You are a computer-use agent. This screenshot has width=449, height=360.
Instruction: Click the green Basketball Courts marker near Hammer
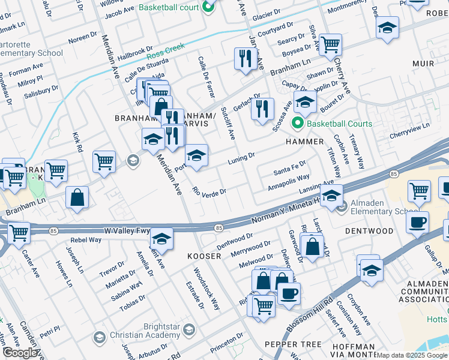297,124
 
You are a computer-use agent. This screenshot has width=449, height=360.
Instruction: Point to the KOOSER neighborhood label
205,256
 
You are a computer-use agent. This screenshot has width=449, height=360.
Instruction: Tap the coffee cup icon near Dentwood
417,221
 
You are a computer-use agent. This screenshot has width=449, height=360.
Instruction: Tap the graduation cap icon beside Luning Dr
196,155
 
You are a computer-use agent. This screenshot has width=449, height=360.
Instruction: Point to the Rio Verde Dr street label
209,193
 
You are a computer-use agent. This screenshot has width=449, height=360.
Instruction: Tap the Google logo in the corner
20,353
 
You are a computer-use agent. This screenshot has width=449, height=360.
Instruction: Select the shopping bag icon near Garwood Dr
312,246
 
